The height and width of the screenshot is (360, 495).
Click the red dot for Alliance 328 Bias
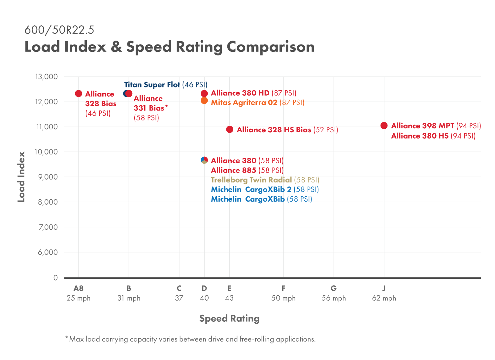pos(79,94)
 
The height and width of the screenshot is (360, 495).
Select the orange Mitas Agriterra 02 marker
pos(204,101)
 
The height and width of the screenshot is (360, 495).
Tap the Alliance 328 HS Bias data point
pos(230,129)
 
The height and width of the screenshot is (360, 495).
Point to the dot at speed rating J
pos(384,125)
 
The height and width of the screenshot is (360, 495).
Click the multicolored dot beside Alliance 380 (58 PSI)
pos(204,160)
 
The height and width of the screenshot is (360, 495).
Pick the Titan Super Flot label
pos(152,85)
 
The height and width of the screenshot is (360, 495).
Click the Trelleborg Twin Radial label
pos(251,180)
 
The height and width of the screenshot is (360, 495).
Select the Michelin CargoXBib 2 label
pos(251,189)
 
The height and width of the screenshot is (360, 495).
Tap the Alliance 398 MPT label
pos(422,126)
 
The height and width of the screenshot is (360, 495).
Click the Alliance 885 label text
pos(233,170)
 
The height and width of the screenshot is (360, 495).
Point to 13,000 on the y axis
pos(47,77)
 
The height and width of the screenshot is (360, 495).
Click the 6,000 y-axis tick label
pos(48,252)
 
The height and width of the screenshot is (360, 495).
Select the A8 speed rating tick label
pos(79,288)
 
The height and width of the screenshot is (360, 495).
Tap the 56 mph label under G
pos(334,298)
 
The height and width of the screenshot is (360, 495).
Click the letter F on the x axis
pos(283,288)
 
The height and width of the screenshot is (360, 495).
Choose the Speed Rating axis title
pos(229,318)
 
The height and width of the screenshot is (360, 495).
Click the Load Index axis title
pos(21,177)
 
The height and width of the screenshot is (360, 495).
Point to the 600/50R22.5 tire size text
pos(59,30)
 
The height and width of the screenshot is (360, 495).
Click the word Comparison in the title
pos(271,47)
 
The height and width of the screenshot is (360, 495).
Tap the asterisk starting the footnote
pos(67,338)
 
